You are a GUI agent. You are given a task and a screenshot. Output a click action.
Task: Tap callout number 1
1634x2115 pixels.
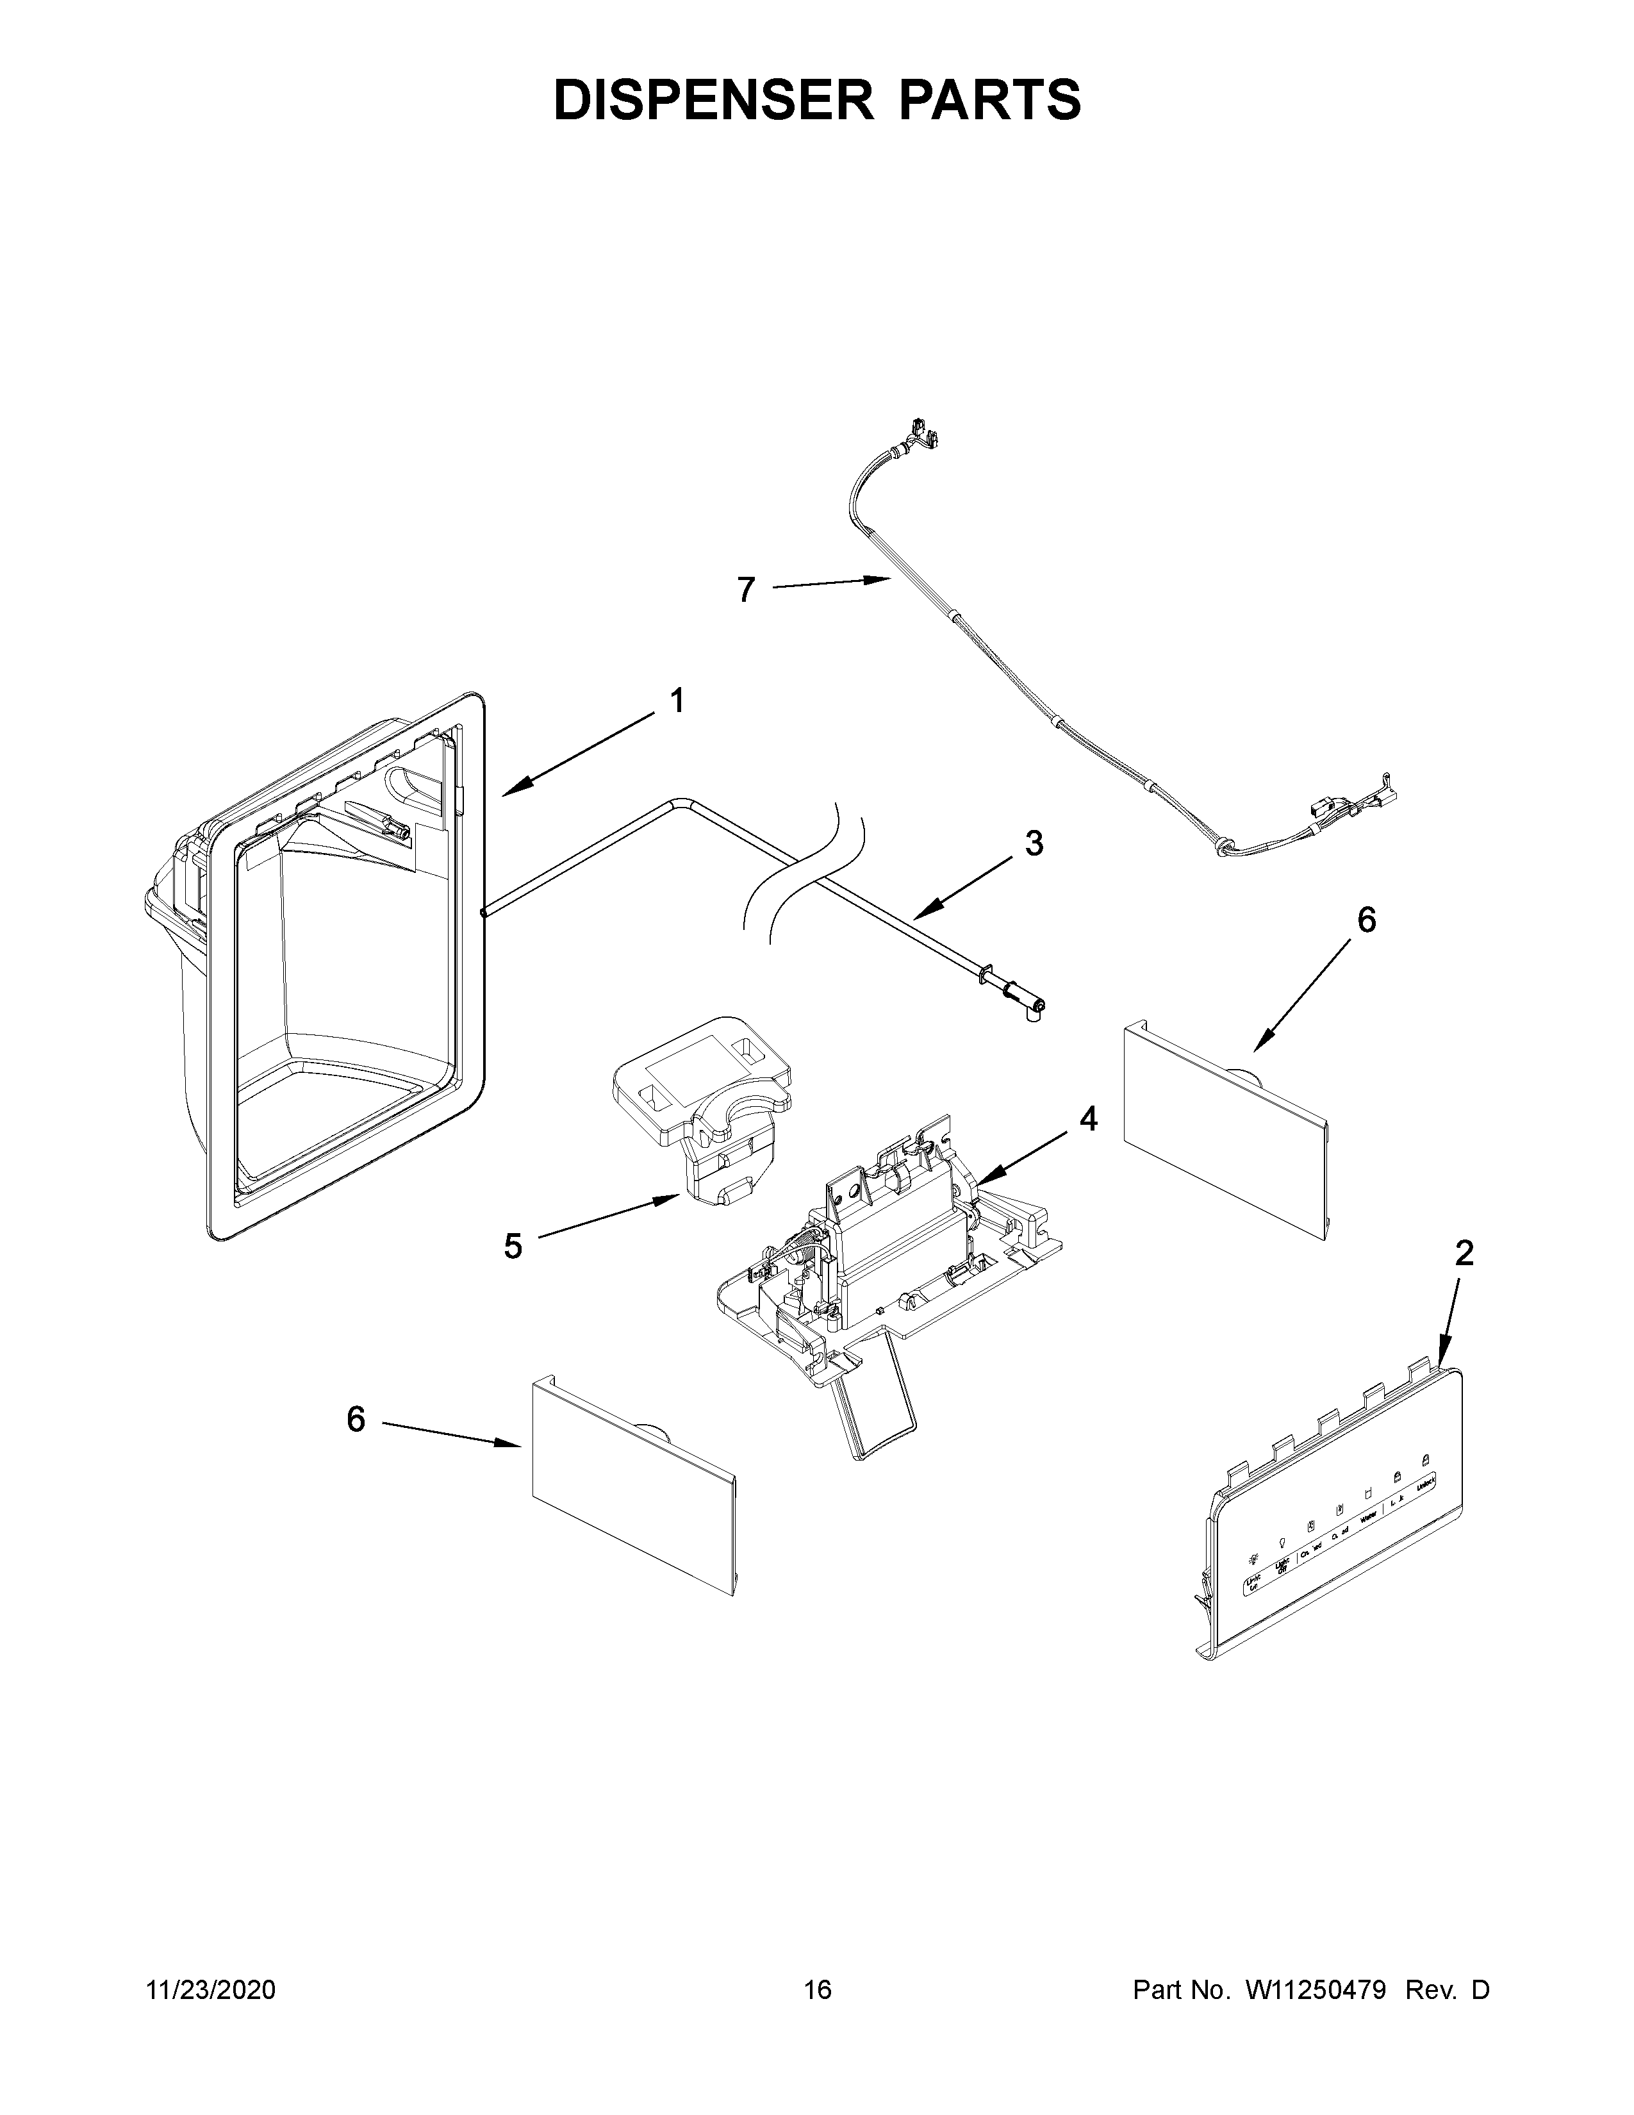coord(677,700)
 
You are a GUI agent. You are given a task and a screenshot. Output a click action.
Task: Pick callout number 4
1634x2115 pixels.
coord(1089,1120)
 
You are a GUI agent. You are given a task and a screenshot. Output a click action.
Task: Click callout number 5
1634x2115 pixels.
coord(513,1247)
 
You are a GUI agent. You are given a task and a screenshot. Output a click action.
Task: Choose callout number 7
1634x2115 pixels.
coord(745,590)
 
